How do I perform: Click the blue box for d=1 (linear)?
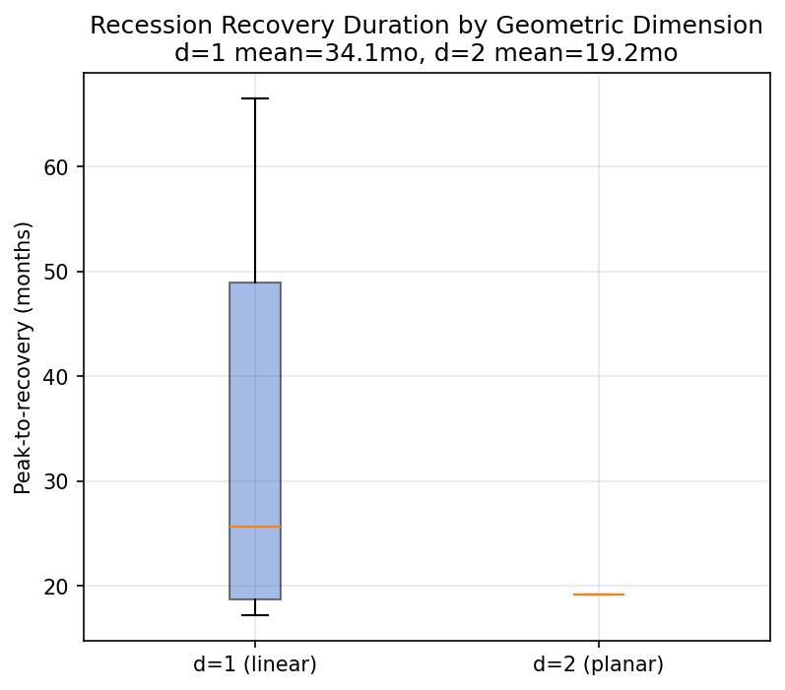tap(255, 413)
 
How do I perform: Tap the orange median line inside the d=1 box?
tap(255, 527)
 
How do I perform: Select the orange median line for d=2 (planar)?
tap(598, 595)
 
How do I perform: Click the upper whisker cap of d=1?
tap(255, 98)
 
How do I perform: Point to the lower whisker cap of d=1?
tap(255, 615)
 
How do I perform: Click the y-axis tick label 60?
tap(56, 167)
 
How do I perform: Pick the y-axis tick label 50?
tap(56, 272)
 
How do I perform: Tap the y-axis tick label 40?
tap(56, 377)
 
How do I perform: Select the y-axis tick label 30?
tap(56, 481)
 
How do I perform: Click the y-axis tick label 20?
tap(56, 587)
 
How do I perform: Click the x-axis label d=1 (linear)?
tap(255, 664)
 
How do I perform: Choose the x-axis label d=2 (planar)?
tap(598, 664)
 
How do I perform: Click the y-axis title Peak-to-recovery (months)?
tap(24, 357)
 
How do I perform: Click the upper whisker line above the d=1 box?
tap(255, 187)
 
